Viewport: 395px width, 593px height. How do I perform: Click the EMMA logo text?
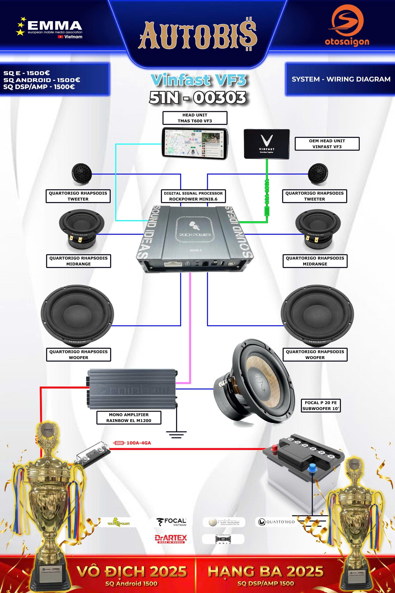point(55,26)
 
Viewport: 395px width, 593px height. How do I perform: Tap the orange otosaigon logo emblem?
point(347,21)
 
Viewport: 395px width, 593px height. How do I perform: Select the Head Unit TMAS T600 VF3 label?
point(195,118)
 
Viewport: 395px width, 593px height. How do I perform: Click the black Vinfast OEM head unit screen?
point(267,144)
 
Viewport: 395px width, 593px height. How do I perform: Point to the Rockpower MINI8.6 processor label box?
point(193,196)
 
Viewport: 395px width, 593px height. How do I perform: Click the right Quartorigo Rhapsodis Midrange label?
point(315,261)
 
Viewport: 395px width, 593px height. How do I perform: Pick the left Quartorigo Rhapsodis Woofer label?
point(78,354)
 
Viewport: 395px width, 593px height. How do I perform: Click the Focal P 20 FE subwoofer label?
point(321,406)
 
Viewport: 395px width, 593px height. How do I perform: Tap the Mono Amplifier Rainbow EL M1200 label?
point(129,417)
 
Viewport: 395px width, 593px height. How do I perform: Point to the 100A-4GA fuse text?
point(139,443)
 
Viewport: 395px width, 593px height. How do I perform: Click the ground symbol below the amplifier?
point(176,434)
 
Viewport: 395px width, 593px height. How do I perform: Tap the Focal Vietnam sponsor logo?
point(173,522)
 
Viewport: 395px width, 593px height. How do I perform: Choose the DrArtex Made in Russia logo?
point(171,539)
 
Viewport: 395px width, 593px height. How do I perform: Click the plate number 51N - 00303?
point(198,98)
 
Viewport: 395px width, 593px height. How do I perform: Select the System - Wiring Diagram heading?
point(341,79)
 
